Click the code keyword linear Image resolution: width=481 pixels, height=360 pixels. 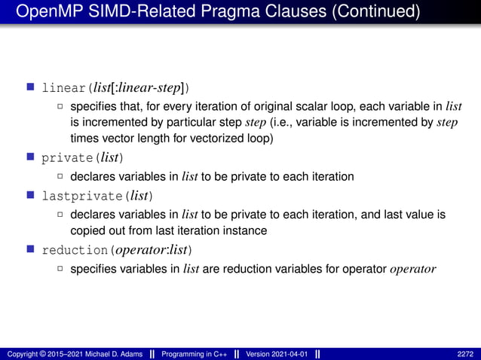[x=64, y=88]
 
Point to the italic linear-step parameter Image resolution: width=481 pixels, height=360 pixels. [x=152, y=88]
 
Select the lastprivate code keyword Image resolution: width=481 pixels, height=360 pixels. [x=82, y=197]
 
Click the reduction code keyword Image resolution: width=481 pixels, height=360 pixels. [x=75, y=249]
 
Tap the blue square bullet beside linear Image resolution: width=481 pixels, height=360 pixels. [x=31, y=87]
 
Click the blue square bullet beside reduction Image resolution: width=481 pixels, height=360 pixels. [x=31, y=249]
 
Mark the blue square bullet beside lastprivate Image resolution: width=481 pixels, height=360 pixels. [x=31, y=196]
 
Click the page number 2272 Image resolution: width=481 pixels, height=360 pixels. [x=465, y=354]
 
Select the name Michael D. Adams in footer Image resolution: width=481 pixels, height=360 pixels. [x=115, y=354]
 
